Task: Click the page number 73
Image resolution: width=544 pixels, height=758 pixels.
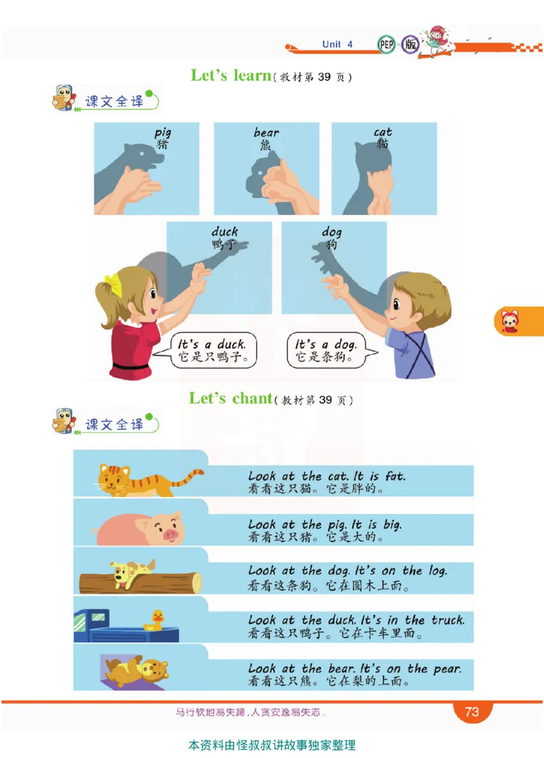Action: coord(472,712)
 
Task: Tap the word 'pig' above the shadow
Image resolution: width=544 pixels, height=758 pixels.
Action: coord(163,133)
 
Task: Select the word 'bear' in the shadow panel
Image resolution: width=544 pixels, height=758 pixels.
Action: coord(267,132)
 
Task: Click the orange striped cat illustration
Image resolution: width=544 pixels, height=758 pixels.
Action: coord(145,480)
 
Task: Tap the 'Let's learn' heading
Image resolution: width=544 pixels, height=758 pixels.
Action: coord(231,75)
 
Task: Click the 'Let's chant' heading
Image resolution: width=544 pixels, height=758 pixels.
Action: coord(231,398)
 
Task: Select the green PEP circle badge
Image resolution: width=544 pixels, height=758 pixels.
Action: coord(386,45)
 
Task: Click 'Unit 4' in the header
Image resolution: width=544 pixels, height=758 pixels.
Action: coord(337,44)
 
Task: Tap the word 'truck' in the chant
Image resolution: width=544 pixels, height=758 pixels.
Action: coord(447,620)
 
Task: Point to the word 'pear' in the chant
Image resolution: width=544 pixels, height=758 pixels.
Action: coord(447,670)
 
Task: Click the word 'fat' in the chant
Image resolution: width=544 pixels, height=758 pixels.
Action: coord(395,477)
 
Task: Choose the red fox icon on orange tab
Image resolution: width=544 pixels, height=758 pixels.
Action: coord(509,321)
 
